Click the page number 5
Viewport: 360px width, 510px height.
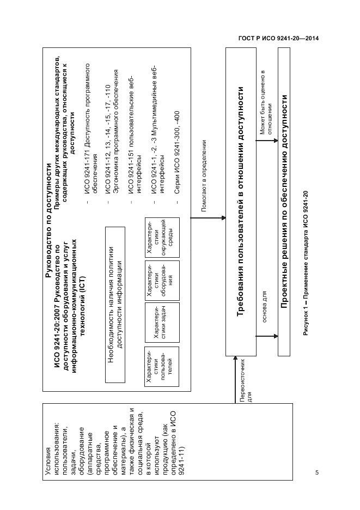(x=316, y=472)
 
